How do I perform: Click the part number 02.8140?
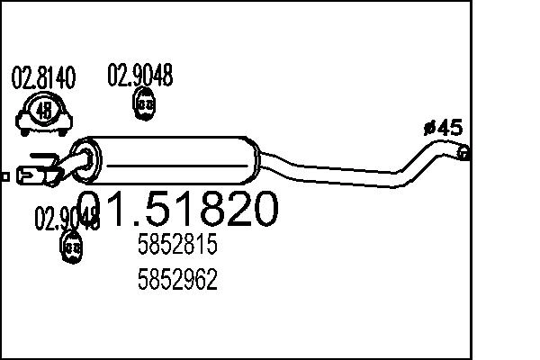click(x=42, y=78)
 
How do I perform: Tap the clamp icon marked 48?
click(x=43, y=112)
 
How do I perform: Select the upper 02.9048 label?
click(x=140, y=75)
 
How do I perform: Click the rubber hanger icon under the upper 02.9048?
click(x=142, y=105)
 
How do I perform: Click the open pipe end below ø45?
click(x=463, y=153)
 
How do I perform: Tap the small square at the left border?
click(x=4, y=176)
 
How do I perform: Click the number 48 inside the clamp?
click(x=43, y=112)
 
